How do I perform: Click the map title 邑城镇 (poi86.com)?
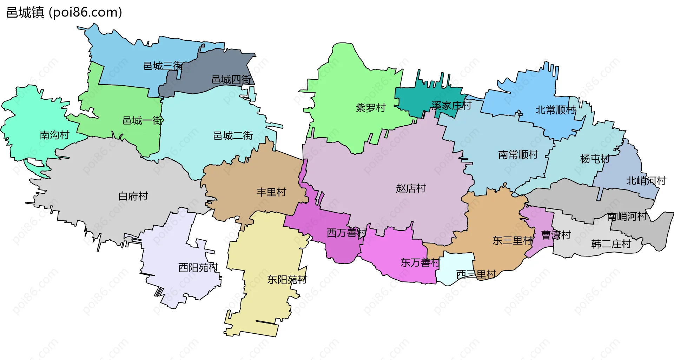point(64,13)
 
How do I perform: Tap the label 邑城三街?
point(163,66)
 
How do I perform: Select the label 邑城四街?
point(231,80)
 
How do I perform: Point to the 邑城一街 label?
point(142,121)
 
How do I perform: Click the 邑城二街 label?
point(233,136)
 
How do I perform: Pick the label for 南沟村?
point(54,135)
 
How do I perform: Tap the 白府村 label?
point(133,196)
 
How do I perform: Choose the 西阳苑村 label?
point(198,268)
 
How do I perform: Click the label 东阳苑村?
point(287,280)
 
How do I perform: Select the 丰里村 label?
point(271,192)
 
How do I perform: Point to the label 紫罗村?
point(371,108)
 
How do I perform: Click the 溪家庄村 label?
point(451,105)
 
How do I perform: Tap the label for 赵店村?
point(411,188)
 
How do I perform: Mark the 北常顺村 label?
point(555,110)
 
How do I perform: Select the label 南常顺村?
point(518,155)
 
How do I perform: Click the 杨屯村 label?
point(595,159)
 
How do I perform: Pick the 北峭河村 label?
point(646,181)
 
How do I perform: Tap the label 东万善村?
point(420,262)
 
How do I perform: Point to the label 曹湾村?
point(556,235)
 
